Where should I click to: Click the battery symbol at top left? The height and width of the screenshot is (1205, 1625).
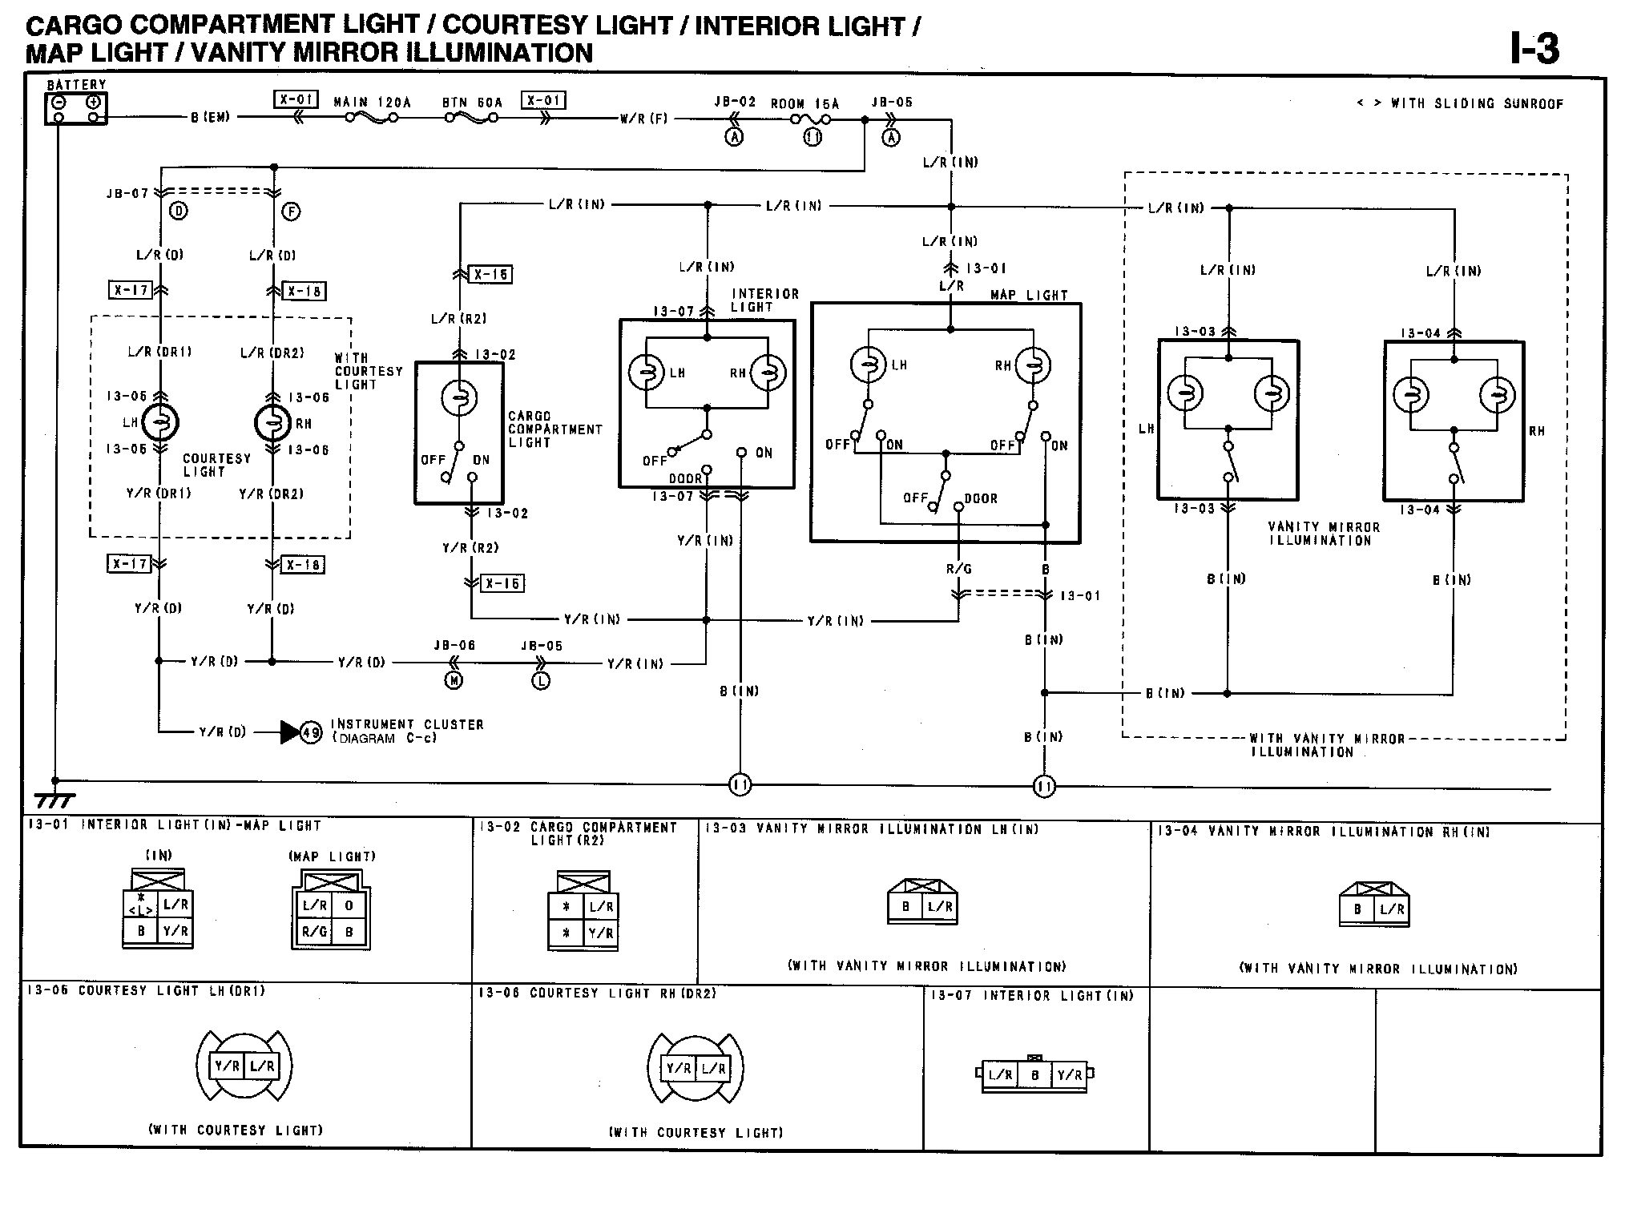click(76, 109)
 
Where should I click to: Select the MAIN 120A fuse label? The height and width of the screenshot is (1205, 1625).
click(372, 103)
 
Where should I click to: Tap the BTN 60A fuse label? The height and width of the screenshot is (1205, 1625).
click(472, 103)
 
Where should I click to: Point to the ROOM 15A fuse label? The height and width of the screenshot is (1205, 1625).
click(804, 104)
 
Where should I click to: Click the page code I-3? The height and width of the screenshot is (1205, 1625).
click(1534, 49)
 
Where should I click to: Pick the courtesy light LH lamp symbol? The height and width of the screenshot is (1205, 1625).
click(159, 423)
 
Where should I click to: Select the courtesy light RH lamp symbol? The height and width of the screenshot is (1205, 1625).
click(272, 423)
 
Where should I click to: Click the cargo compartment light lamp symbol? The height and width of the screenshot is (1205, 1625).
click(459, 397)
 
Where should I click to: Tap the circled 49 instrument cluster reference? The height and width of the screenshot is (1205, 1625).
click(311, 731)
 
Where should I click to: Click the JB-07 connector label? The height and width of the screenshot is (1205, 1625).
click(127, 193)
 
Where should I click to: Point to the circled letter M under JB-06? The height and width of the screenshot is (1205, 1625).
click(454, 680)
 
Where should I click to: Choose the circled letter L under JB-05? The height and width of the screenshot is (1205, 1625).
click(541, 680)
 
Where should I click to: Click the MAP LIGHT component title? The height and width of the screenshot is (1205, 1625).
click(1029, 295)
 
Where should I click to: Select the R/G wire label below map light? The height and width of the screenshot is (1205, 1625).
click(958, 569)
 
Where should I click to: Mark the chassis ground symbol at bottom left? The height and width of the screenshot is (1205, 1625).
click(54, 799)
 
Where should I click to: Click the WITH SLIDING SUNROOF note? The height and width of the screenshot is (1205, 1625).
click(1460, 103)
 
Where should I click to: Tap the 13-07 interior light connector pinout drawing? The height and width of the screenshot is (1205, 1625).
click(1034, 1074)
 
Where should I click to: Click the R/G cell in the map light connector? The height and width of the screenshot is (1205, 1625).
click(314, 932)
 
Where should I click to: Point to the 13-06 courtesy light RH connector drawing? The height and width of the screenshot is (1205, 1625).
click(696, 1068)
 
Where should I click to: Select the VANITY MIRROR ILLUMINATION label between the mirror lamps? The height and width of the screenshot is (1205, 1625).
click(1324, 534)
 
